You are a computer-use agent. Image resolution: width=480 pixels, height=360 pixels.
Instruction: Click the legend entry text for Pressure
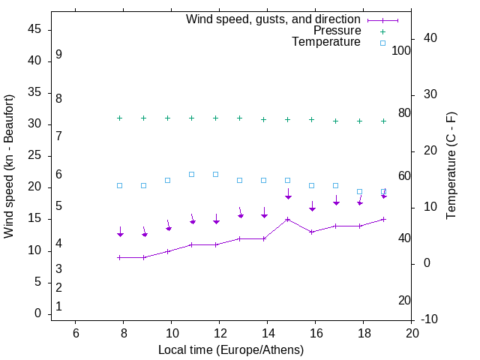(x=337, y=31)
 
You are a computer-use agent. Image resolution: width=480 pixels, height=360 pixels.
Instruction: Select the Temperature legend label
(x=326, y=42)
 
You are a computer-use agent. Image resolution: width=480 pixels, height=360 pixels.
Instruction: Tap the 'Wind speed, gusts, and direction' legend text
(x=274, y=19)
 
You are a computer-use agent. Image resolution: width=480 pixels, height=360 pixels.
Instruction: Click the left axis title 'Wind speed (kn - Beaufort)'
(x=9, y=166)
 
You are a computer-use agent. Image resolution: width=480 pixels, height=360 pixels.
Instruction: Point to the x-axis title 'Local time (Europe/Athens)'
(x=231, y=349)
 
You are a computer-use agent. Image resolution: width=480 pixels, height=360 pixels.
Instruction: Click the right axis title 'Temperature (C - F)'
(x=451, y=166)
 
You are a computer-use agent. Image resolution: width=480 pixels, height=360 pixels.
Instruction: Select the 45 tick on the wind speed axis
(x=34, y=29)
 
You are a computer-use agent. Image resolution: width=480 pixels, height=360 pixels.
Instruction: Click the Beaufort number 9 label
(x=58, y=55)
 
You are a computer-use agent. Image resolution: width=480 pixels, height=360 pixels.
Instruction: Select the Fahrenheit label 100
(x=401, y=50)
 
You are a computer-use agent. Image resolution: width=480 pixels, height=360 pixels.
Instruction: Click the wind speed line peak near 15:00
(x=287, y=219)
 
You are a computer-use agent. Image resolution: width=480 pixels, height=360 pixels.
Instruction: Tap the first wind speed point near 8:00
(x=119, y=257)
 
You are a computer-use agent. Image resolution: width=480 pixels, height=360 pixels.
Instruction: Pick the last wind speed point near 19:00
(x=383, y=219)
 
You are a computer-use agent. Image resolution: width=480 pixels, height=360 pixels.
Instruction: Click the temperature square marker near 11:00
(x=191, y=174)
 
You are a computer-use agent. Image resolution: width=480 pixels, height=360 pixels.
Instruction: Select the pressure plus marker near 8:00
(x=119, y=118)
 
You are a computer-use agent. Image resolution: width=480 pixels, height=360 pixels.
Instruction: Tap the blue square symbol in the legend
(x=382, y=43)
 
